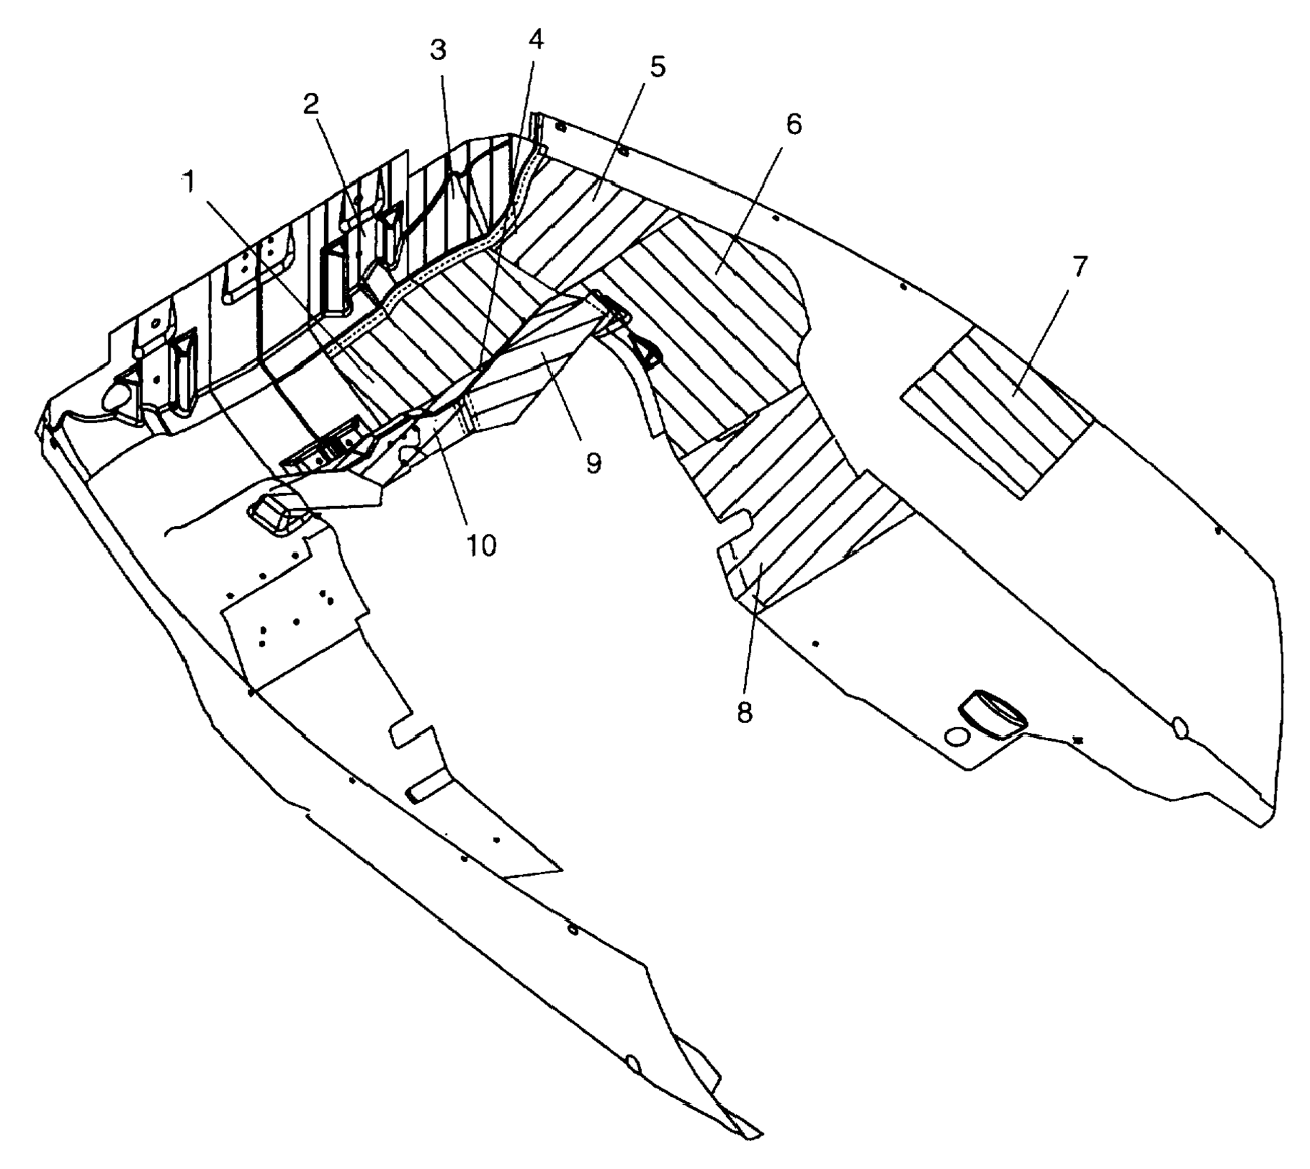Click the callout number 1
pyautogui.click(x=188, y=183)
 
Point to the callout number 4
pyautogui.click(x=535, y=40)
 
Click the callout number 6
pyautogui.click(x=794, y=125)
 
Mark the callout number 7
pyautogui.click(x=1079, y=268)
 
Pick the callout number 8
pyautogui.click(x=745, y=712)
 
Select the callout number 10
pyautogui.click(x=481, y=546)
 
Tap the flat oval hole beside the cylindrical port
pyautogui.click(x=957, y=737)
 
